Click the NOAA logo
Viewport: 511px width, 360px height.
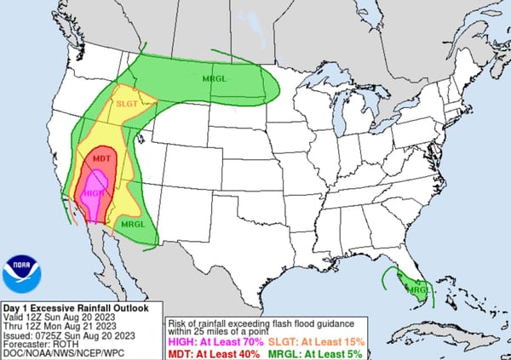[20, 274]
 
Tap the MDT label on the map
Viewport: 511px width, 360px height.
[101, 159]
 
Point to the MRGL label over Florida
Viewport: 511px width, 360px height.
[417, 289]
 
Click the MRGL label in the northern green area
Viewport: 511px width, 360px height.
[215, 79]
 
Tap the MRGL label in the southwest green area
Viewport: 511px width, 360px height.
[132, 224]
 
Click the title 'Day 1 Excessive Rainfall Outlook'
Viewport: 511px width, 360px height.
[76, 307]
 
